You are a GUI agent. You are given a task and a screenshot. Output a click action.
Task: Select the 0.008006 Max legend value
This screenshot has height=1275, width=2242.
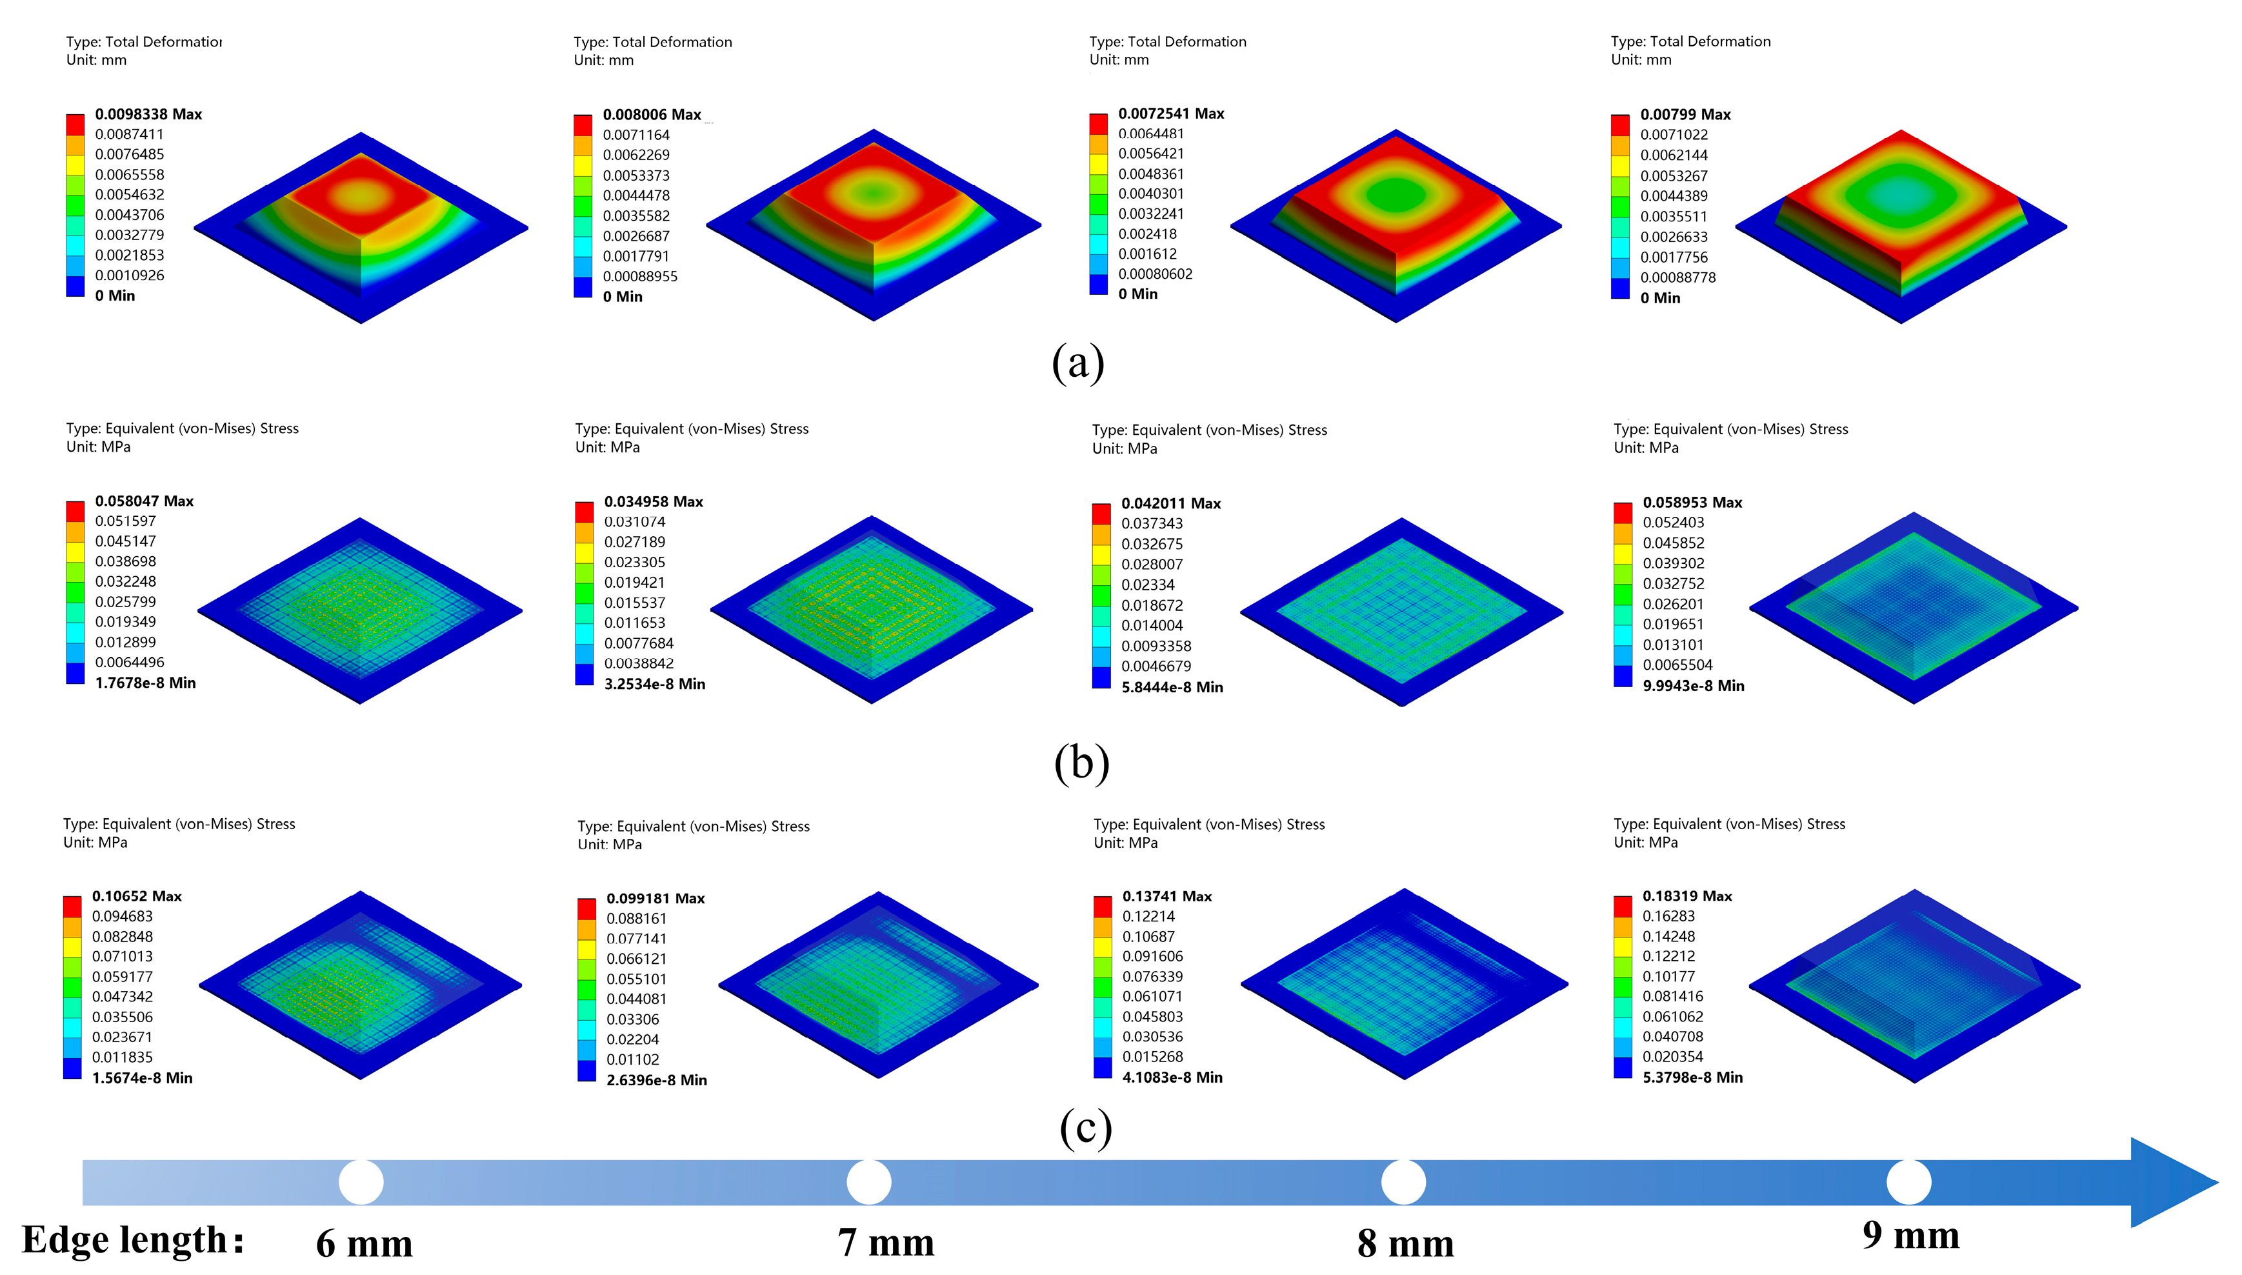point(652,115)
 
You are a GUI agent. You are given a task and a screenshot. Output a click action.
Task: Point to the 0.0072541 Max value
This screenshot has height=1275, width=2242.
point(1170,114)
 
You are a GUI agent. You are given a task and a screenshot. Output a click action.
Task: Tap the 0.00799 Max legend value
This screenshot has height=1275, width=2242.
point(1685,115)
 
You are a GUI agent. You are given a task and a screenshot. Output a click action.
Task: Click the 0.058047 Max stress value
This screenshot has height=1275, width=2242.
point(145,501)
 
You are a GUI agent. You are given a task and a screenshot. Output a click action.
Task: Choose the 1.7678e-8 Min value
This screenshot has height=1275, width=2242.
point(145,683)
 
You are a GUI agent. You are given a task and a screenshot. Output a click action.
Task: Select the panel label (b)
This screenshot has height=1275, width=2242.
point(1081,762)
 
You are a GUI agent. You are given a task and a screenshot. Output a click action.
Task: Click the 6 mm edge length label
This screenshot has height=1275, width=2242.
point(364,1243)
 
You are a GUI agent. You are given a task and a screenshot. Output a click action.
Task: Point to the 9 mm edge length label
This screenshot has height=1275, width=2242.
point(1910,1236)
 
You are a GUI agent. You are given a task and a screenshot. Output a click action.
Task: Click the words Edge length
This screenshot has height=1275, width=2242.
point(132,1240)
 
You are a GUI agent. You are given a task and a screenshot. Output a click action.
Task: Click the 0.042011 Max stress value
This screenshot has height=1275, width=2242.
point(1170,503)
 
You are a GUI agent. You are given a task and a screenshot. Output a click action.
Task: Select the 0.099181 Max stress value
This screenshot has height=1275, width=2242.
point(655,898)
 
